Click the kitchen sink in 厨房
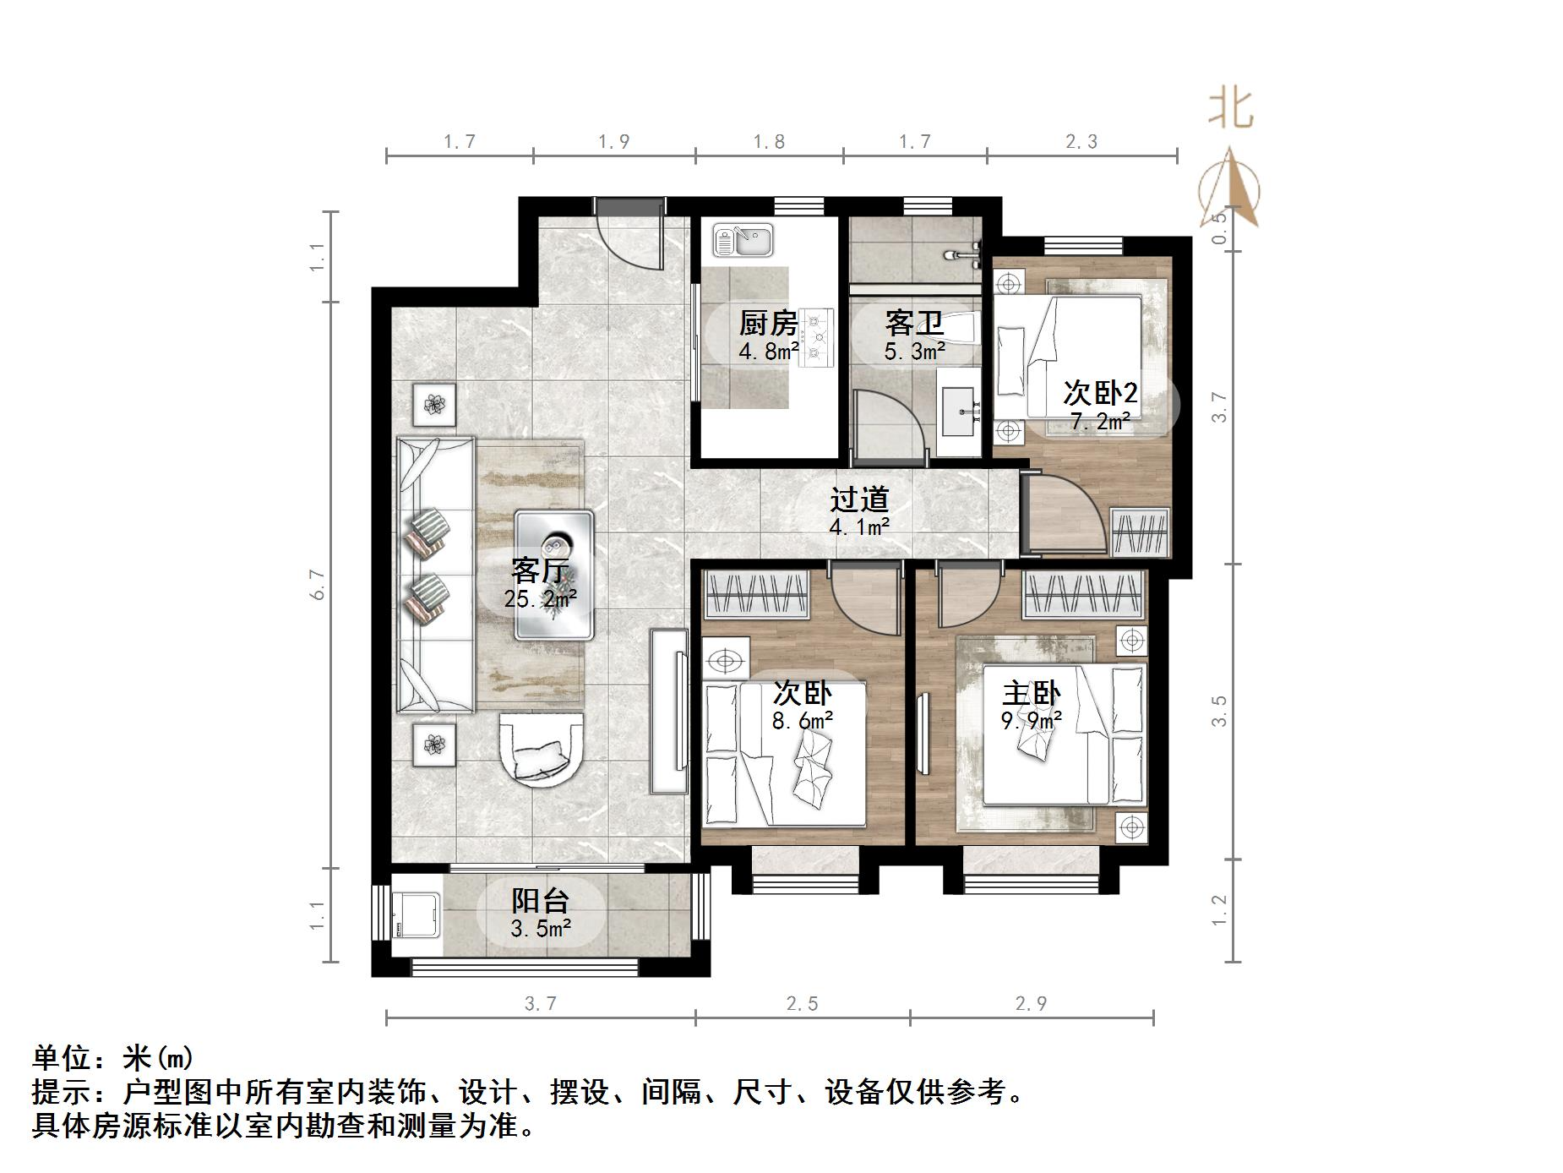(x=743, y=240)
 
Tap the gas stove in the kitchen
(x=816, y=337)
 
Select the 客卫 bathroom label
(x=913, y=322)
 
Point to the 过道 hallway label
(x=859, y=499)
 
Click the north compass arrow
(x=1231, y=188)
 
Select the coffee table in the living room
(x=554, y=575)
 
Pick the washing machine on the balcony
(x=416, y=916)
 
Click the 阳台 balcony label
(x=540, y=901)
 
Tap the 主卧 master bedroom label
(x=1031, y=694)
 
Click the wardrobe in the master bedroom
(x=1085, y=593)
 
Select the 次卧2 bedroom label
(x=1099, y=393)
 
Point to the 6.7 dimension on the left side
(x=319, y=585)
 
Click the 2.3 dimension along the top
(x=1081, y=142)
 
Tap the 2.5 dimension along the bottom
(x=802, y=1004)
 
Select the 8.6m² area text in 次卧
(x=802, y=721)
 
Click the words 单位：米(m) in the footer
(x=113, y=1057)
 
